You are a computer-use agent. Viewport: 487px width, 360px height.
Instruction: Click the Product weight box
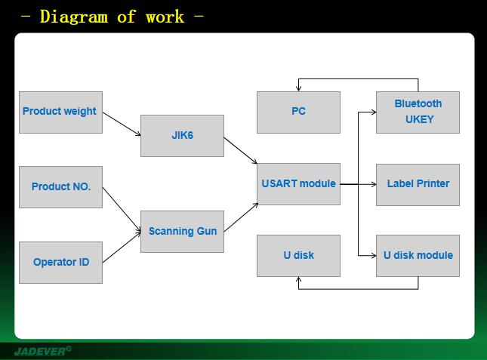click(60, 112)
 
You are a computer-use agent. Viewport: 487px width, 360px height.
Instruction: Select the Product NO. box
click(60, 186)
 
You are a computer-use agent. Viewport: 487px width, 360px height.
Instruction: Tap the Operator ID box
click(60, 262)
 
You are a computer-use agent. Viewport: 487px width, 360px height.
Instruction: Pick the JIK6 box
click(182, 136)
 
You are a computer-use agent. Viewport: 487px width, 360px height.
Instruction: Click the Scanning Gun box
click(182, 231)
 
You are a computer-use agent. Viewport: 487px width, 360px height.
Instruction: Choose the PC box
click(298, 112)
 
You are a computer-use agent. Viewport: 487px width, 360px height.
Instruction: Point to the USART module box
click(298, 183)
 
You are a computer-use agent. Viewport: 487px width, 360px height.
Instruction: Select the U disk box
click(298, 255)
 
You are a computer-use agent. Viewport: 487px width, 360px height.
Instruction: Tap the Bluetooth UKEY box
click(418, 112)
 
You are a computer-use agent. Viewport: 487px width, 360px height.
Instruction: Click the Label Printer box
click(418, 183)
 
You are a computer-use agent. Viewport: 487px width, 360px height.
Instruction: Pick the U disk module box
click(418, 255)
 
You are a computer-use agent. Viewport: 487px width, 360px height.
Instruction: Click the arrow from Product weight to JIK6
click(122, 124)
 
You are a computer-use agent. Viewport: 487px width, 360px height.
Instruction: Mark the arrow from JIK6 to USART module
click(241, 152)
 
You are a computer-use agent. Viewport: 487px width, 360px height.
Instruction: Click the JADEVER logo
click(42, 351)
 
